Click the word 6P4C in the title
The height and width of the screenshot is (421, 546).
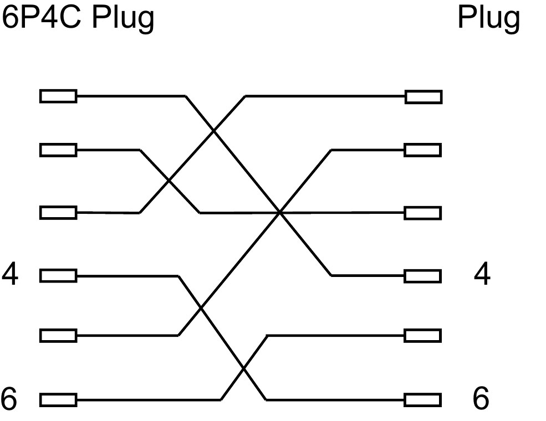[x=42, y=18]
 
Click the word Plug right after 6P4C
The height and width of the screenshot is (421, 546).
[x=123, y=18]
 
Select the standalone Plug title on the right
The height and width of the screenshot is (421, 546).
[x=488, y=18]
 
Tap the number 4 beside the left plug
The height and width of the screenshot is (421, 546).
[x=9, y=275]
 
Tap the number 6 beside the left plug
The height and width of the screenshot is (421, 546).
[x=9, y=399]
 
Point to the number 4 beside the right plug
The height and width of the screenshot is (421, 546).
[x=482, y=275]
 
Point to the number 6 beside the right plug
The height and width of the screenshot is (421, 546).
[x=481, y=399]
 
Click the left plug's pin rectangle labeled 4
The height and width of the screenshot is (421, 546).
[x=58, y=275]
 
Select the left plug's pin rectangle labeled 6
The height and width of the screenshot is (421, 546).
[x=58, y=399]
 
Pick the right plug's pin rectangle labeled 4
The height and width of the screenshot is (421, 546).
[x=423, y=275]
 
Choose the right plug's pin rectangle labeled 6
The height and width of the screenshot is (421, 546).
[x=423, y=399]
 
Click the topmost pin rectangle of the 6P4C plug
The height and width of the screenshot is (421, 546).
[x=58, y=96]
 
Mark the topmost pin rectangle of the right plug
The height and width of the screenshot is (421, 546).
[x=423, y=97]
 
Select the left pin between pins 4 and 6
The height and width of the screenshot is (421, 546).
[x=58, y=336]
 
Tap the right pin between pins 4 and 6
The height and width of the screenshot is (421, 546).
[x=423, y=336]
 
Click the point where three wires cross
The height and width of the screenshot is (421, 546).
[x=280, y=212]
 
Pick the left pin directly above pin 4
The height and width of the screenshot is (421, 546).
[x=58, y=213]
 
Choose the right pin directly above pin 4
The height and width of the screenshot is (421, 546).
[x=423, y=213]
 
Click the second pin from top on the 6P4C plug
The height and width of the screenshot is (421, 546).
[x=58, y=150]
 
